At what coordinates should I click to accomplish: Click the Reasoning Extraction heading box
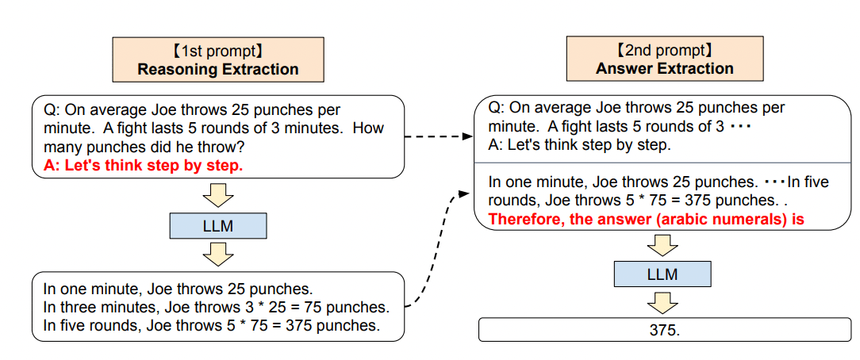tap(218, 59)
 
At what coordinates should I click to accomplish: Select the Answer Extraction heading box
tap(665, 59)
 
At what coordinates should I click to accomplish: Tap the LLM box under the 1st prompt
tap(218, 226)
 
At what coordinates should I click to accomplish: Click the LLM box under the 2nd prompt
tap(662, 274)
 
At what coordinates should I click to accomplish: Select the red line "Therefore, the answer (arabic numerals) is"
tap(646, 220)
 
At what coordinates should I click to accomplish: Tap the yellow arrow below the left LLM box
tap(218, 254)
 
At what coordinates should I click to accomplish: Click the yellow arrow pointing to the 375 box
tap(662, 302)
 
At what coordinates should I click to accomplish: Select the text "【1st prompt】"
tap(218, 51)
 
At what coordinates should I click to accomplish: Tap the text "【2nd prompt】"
tap(665, 51)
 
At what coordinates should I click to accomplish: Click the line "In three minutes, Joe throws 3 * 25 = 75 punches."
tap(216, 307)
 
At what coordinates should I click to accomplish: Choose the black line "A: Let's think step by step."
tap(580, 145)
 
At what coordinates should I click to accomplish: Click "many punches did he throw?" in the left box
tap(143, 147)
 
